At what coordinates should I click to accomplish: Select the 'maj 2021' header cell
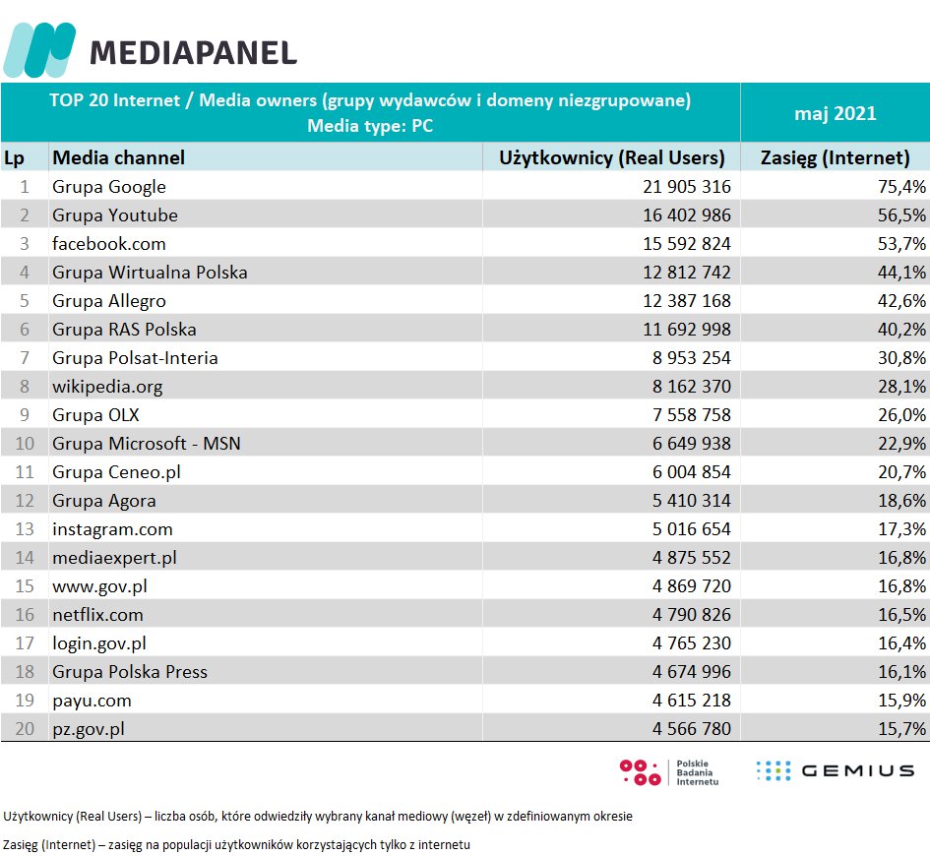(x=835, y=113)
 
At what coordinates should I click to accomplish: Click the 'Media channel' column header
(x=118, y=157)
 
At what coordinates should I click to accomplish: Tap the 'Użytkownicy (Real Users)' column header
(x=611, y=157)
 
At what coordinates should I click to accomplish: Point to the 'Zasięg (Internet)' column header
(x=835, y=157)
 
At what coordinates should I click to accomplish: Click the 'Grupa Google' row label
(x=109, y=187)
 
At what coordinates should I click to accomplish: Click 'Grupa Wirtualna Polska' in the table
(x=150, y=273)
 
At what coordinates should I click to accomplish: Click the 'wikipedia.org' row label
(x=107, y=387)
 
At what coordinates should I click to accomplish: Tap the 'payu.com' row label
(x=92, y=701)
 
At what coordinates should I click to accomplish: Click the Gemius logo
(x=835, y=770)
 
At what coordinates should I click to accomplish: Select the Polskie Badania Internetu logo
(x=669, y=772)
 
